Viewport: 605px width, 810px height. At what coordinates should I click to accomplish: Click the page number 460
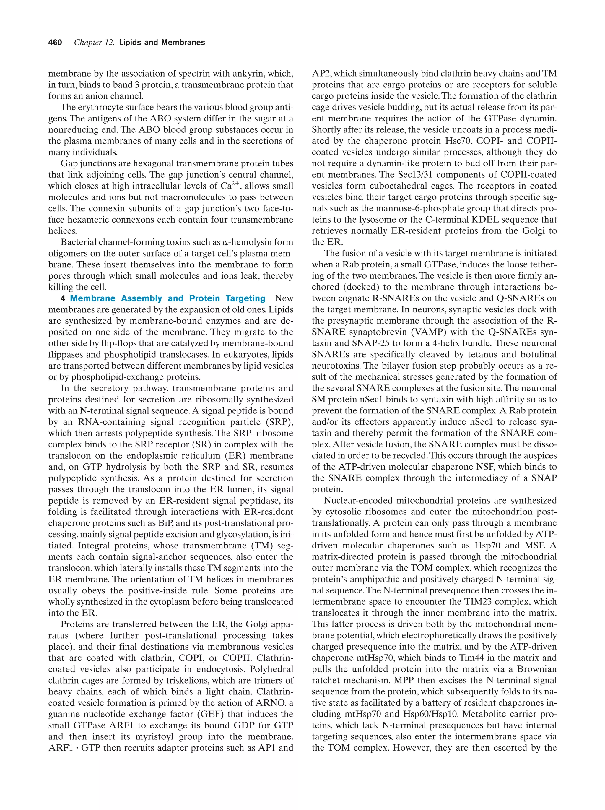pyautogui.click(x=55, y=43)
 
